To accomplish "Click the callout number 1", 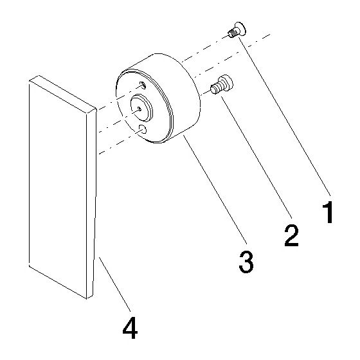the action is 328,212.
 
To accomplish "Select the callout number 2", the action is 291,235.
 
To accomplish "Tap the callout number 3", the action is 246,262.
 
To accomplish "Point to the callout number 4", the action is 130,328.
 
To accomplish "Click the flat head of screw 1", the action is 241,29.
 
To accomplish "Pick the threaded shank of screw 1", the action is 233,33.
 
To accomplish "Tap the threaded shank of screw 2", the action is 215,89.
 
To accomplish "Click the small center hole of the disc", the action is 138,108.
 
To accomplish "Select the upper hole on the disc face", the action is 143,85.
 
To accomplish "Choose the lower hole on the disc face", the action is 143,129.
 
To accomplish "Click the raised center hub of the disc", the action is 141,107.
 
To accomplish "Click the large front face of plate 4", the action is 58,190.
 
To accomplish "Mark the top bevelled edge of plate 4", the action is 63,94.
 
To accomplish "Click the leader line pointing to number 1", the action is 284,116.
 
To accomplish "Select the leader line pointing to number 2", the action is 256,157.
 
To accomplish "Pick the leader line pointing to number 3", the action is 215,190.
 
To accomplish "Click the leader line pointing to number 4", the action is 114,284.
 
